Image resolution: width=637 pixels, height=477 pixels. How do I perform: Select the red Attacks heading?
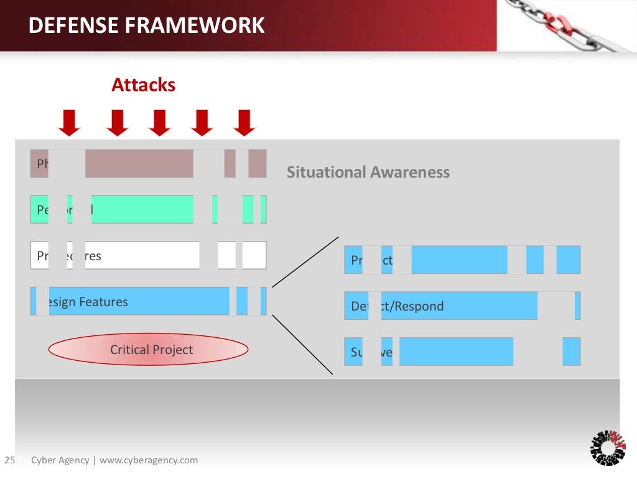[x=143, y=85]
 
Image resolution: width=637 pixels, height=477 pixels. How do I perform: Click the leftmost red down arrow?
[x=69, y=122]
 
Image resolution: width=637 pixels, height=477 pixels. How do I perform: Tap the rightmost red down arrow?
[x=244, y=122]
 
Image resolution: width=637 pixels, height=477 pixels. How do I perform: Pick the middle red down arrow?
[x=159, y=122]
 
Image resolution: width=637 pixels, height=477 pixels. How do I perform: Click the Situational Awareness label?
[x=368, y=172]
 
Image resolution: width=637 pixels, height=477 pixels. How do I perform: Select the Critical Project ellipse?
[x=148, y=350]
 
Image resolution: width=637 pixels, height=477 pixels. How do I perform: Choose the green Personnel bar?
[x=143, y=209]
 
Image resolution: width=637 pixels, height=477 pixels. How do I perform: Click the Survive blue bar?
[x=454, y=352]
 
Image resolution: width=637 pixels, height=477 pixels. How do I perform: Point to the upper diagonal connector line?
[x=305, y=261]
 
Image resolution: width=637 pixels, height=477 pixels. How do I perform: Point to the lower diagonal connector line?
[x=303, y=345]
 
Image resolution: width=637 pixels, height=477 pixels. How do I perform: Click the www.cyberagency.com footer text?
[x=149, y=460]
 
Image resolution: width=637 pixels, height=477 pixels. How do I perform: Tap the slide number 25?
[x=9, y=460]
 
